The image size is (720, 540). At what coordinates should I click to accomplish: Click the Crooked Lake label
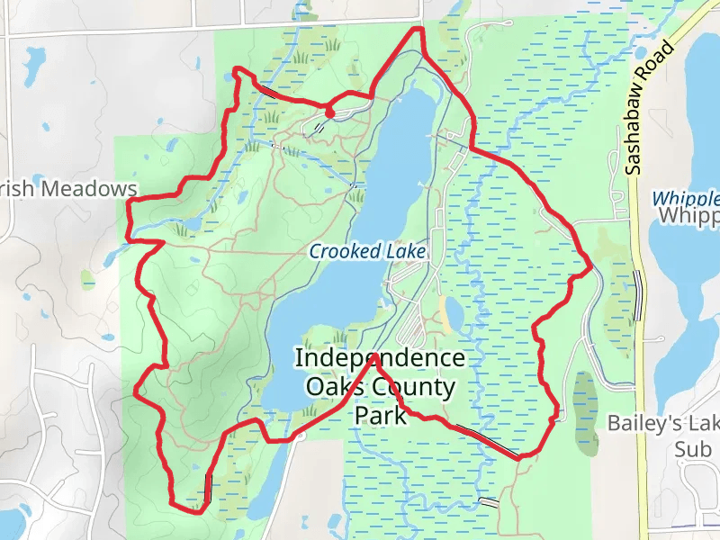(x=366, y=251)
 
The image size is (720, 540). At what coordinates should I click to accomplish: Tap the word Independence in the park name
(x=381, y=358)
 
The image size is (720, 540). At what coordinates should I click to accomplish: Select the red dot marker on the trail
(x=329, y=112)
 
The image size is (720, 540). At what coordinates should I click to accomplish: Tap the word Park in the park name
(x=381, y=415)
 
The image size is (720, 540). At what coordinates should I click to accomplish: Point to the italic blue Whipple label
(x=686, y=198)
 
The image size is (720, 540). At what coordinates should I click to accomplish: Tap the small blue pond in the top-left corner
(x=37, y=64)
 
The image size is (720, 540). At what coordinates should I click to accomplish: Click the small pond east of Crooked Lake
(x=454, y=313)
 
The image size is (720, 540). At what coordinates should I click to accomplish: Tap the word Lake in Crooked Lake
(x=405, y=251)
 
